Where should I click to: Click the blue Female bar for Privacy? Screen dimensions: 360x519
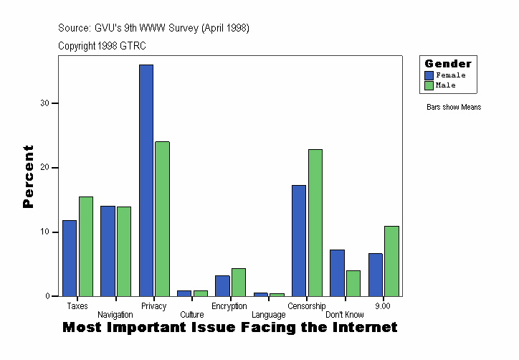(x=146, y=180)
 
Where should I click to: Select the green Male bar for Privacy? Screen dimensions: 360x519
(x=162, y=219)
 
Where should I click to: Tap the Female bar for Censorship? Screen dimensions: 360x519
(x=298, y=240)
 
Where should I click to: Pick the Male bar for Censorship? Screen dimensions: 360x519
(x=315, y=222)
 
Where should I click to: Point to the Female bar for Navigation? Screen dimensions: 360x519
(x=108, y=251)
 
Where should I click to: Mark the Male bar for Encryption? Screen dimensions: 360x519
(x=239, y=282)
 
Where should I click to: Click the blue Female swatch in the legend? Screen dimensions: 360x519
(x=429, y=75)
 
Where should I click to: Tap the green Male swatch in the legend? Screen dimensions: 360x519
(x=429, y=85)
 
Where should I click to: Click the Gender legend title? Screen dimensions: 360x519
(x=448, y=64)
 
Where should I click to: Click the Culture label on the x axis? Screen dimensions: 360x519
(x=191, y=315)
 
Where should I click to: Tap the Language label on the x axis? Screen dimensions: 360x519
(x=268, y=315)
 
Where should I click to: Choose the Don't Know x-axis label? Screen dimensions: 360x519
(x=345, y=315)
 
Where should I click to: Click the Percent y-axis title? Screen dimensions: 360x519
(x=29, y=176)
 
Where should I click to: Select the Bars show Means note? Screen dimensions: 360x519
(x=453, y=108)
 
